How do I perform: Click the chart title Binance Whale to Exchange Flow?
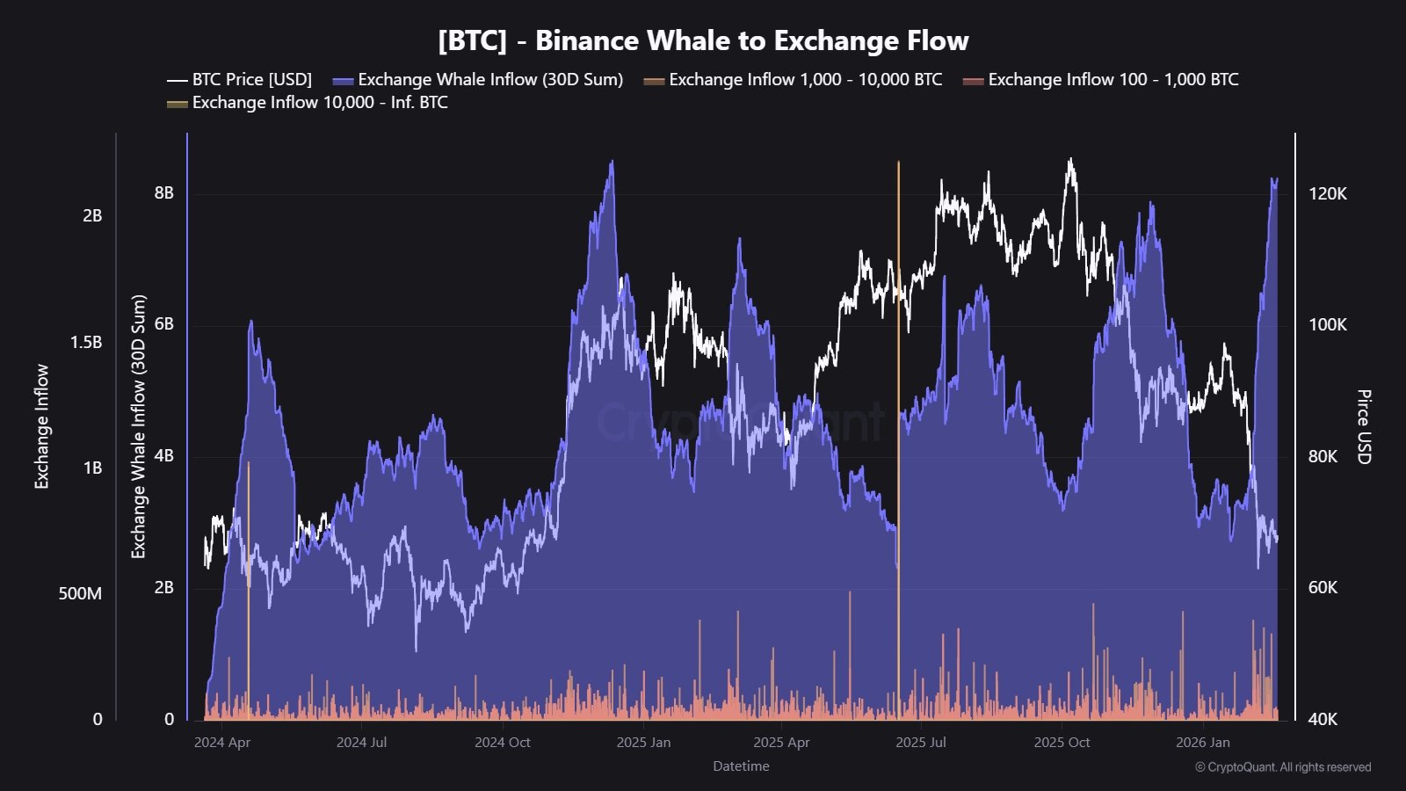coord(703,40)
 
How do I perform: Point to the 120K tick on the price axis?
coord(1327,194)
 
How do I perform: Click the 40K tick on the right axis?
coord(1322,720)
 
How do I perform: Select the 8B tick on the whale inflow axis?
coord(164,193)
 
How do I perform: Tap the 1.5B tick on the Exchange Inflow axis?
coord(86,343)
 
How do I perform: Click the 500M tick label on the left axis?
coord(80,594)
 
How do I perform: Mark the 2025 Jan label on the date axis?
coord(643,743)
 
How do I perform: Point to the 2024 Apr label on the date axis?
coord(222,743)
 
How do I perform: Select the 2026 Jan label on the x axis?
coord(1203,743)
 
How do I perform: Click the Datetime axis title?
coord(741,766)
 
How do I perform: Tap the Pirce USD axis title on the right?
coord(1363,427)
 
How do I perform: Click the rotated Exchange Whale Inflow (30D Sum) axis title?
coord(139,427)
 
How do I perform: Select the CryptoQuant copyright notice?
coord(1282,767)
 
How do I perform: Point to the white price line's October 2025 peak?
coord(1070,161)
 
